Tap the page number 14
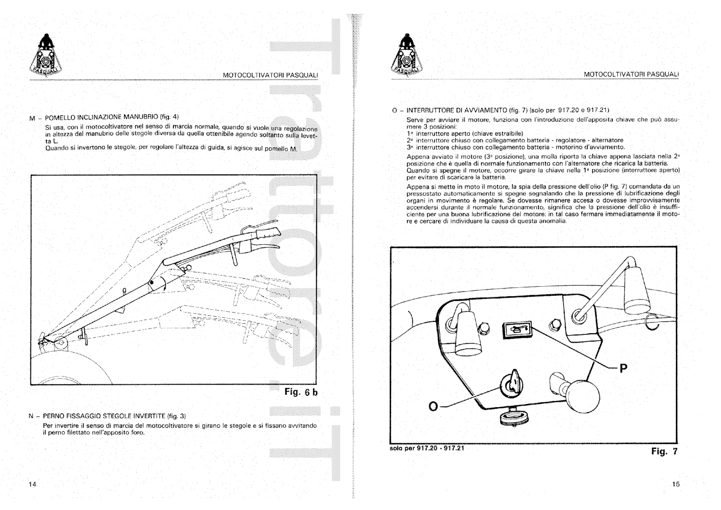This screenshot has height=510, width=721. coord(32,484)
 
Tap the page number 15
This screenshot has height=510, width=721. coord(675,484)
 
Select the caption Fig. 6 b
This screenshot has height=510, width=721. coord(301,392)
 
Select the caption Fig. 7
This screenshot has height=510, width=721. coord(664,451)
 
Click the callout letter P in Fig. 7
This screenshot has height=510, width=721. coord(623,368)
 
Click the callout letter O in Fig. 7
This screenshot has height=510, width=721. coord(433,406)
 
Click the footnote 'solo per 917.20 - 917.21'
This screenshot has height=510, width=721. coord(426,448)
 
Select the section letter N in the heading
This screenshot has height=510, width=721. coord(31,416)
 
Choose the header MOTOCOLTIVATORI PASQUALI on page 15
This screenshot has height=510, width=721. coord(631,74)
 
